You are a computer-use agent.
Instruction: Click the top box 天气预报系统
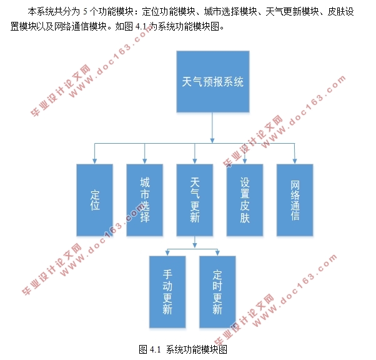tap(212, 82)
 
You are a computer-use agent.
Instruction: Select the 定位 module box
tap(94, 200)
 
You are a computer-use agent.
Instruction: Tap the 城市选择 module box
tap(145, 200)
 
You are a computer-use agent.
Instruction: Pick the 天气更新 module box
tap(194, 200)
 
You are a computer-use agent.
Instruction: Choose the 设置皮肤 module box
tap(244, 200)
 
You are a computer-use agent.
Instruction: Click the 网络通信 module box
tap(295, 200)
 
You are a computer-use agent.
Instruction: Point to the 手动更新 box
tap(167, 292)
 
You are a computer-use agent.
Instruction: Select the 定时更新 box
tap(217, 292)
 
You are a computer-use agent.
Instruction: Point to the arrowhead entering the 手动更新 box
tap(167, 253)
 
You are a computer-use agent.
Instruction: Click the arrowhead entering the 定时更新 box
tap(217, 253)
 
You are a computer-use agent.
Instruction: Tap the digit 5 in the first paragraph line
tap(85, 12)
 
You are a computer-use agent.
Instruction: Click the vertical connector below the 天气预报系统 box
tap(212, 128)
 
